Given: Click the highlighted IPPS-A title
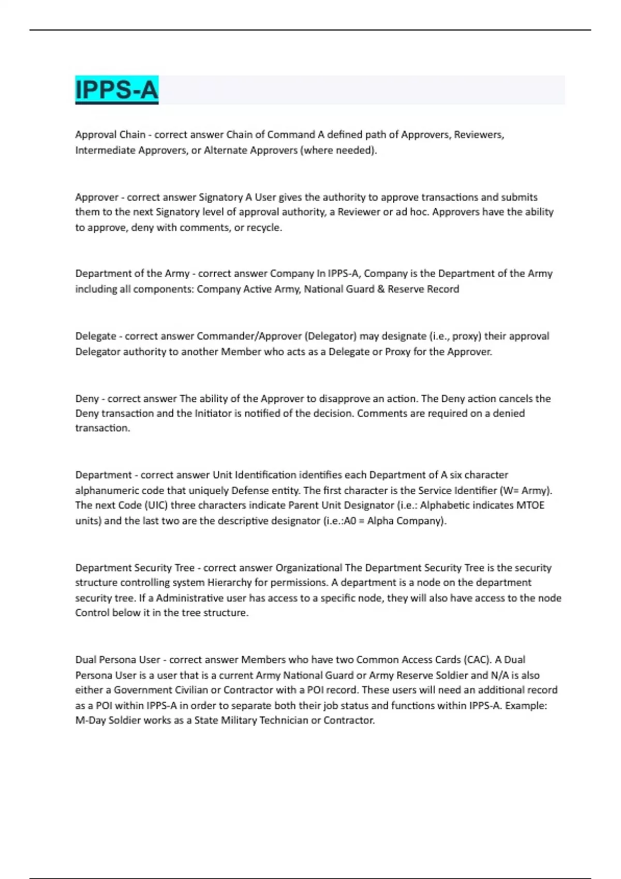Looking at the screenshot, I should point(116,89).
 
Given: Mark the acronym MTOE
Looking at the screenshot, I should point(530,505).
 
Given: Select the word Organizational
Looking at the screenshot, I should point(308,568).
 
